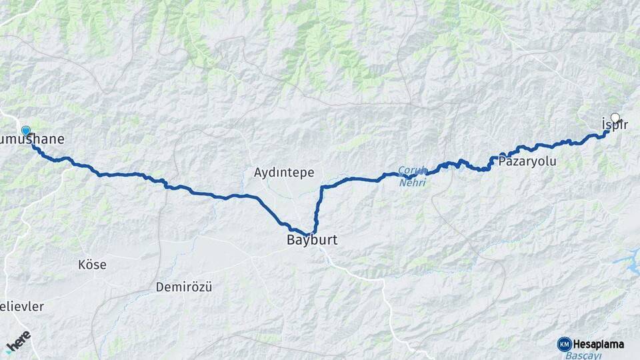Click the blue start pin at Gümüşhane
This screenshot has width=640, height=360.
click(26, 131)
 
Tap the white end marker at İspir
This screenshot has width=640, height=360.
click(615, 119)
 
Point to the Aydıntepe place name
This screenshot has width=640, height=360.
click(284, 173)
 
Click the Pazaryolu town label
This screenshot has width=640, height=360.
click(527, 161)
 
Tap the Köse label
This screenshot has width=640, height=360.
click(92, 265)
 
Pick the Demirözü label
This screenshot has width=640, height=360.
click(183, 287)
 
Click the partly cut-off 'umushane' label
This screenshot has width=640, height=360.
click(33, 139)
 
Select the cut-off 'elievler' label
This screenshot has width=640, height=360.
click(22, 307)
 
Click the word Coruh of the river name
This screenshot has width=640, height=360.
click(411, 170)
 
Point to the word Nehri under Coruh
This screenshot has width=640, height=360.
click(411, 181)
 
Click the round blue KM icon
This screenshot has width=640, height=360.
click(565, 344)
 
